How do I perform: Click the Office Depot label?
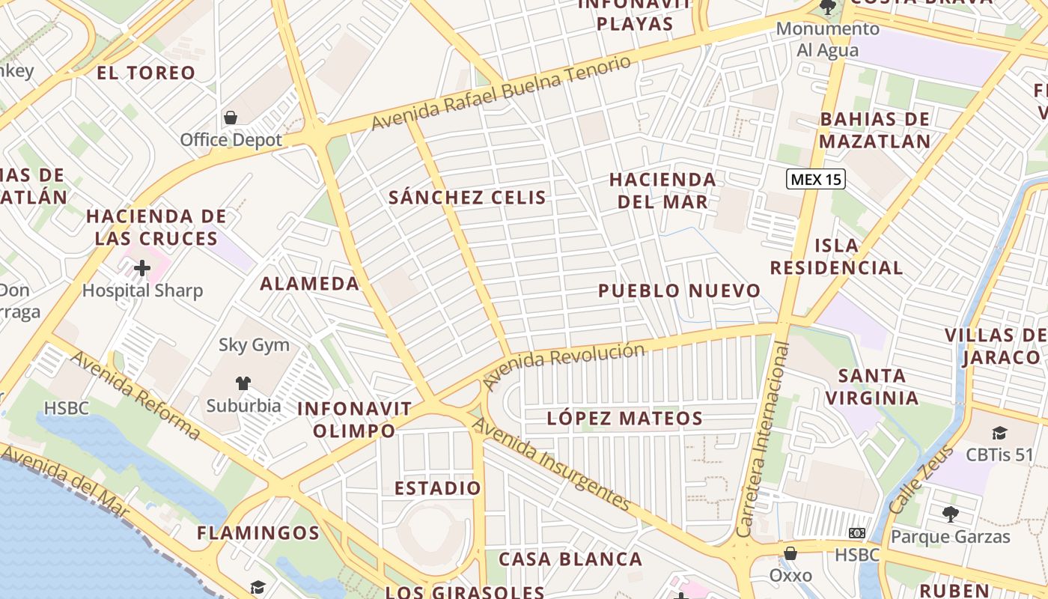click(231, 140)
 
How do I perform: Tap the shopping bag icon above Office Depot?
click(231, 118)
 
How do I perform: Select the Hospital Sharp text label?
click(142, 291)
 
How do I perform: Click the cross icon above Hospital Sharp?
click(142, 268)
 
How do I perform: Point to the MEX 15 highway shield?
click(815, 180)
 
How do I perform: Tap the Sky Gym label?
click(254, 345)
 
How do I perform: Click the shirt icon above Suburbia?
click(243, 383)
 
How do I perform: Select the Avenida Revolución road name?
click(563, 365)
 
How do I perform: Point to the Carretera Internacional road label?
click(764, 440)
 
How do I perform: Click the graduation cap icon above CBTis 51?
click(999, 433)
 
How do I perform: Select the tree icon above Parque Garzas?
click(950, 514)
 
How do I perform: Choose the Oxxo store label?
click(790, 576)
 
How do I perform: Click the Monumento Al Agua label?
click(827, 39)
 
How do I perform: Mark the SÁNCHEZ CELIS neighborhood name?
click(467, 198)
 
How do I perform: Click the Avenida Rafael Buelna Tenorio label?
click(502, 93)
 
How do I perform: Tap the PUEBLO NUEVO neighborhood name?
click(679, 291)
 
